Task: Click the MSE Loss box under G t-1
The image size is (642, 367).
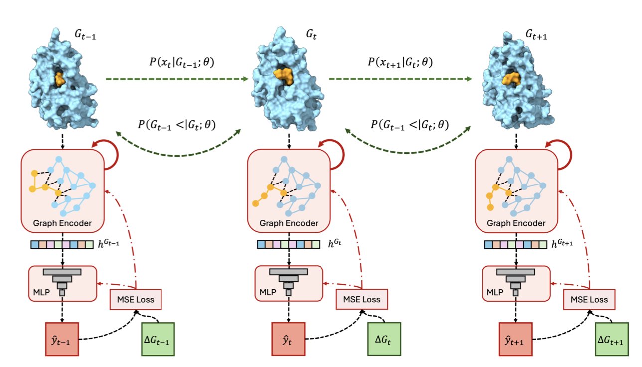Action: point(136,300)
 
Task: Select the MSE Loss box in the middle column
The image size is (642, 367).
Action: point(362,300)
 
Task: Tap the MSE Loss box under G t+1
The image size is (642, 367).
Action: point(589,300)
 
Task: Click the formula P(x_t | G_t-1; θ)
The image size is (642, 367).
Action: point(178,63)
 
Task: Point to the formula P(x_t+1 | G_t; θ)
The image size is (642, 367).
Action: point(400,63)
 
